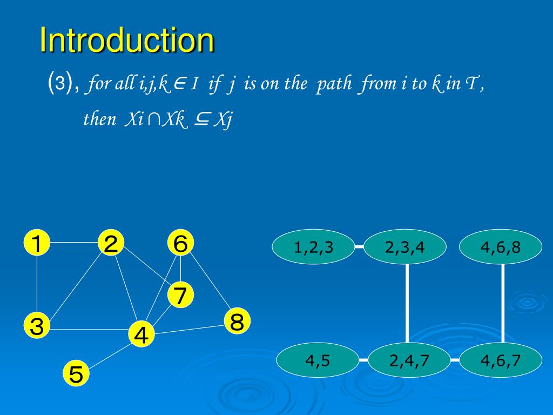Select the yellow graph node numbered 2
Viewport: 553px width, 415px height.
pos(111,244)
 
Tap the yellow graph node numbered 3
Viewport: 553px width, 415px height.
pos(36,326)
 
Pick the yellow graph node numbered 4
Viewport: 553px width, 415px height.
pos(141,335)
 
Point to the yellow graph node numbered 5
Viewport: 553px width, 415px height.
pos(76,374)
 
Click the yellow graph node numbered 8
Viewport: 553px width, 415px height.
pos(237,322)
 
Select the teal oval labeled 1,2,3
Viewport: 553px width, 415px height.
pos(314,247)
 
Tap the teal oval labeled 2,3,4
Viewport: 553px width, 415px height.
pos(405,247)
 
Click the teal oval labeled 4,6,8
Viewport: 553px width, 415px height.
pos(501,247)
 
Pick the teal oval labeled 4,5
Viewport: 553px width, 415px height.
pos(318,360)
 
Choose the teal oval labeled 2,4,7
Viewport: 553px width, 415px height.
pos(409,360)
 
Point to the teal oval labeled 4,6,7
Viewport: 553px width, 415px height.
pos(501,360)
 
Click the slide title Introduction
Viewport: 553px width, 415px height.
pos(127,41)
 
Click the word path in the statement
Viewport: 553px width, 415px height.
pos(334,85)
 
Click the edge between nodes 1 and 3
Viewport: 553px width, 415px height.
pos(36,285)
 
